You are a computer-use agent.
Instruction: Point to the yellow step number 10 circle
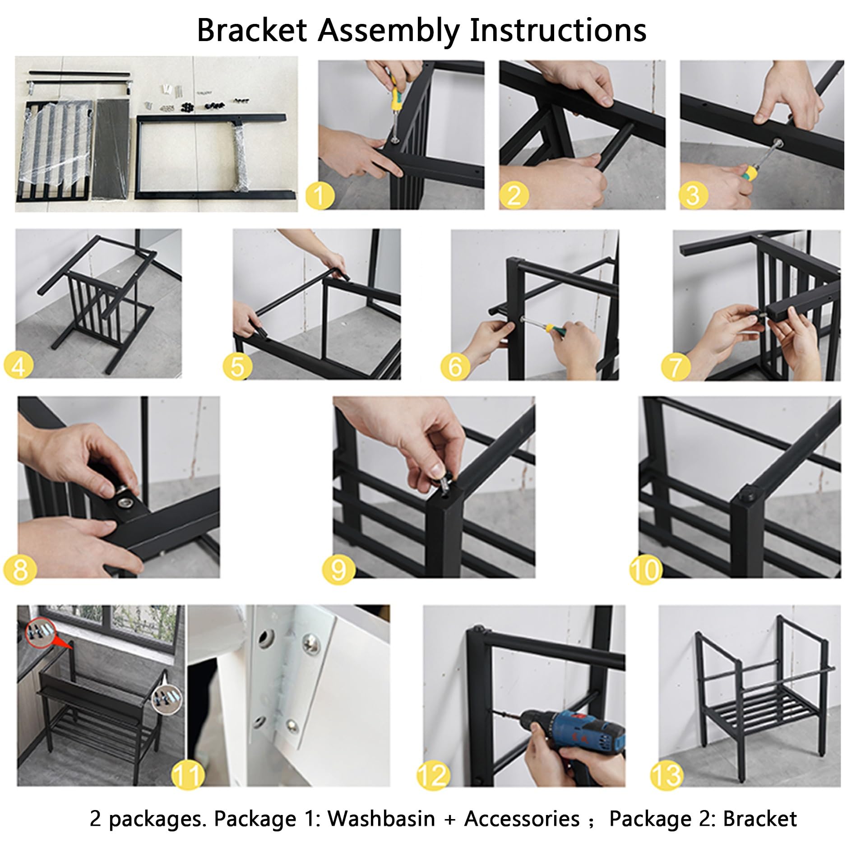646,569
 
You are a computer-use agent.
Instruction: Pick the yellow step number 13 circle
667,775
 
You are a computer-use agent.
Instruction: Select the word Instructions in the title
558,31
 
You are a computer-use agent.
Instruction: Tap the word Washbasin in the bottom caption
381,819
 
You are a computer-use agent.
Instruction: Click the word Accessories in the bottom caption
522,819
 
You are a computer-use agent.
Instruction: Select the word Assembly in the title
388,31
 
